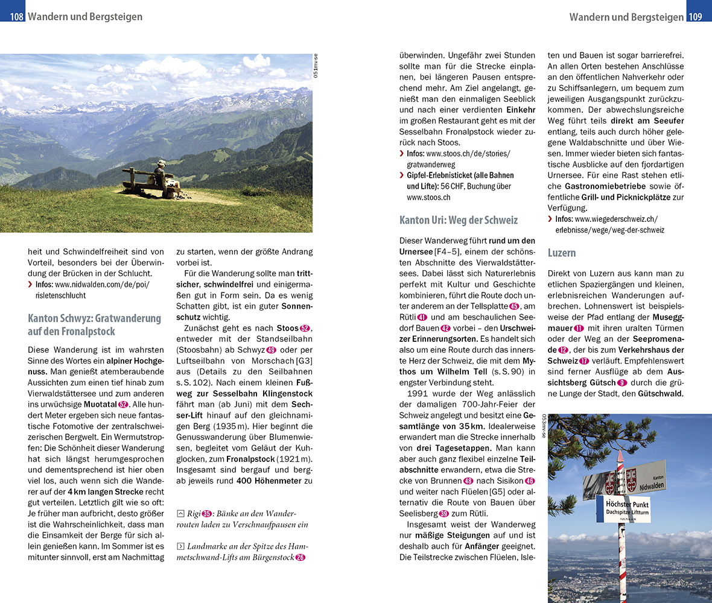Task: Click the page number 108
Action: (x=16, y=17)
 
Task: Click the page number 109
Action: (x=696, y=17)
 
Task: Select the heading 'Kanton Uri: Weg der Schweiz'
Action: (x=459, y=220)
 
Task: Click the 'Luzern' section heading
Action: (x=562, y=253)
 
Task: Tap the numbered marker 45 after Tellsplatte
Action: (x=514, y=306)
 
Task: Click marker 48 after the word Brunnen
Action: (x=468, y=481)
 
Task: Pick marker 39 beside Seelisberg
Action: (x=444, y=513)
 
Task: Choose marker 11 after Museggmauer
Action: (x=579, y=328)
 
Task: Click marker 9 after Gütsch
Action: (x=622, y=382)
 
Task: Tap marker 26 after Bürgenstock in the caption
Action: (x=300, y=557)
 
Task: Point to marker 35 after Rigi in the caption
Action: (x=207, y=513)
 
